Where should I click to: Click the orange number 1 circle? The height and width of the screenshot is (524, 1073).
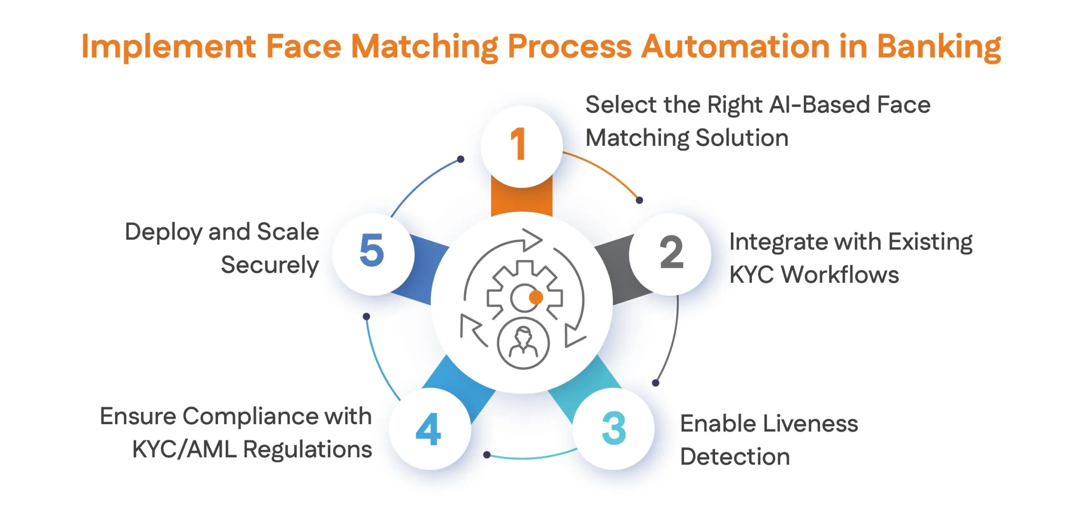(521, 146)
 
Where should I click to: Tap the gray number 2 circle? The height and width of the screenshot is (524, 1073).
(670, 254)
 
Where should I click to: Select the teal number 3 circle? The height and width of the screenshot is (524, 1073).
(613, 428)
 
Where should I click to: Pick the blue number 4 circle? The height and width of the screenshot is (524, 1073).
(430, 428)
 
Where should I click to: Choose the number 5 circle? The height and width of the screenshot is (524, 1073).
(373, 254)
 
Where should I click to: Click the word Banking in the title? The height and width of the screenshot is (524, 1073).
(939, 47)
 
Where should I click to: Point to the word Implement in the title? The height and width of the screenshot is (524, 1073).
(168, 47)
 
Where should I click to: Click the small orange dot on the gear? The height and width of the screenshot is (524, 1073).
(536, 297)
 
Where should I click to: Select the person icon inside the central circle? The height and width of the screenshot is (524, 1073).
(523, 343)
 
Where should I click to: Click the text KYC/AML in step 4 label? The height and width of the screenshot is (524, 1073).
(184, 450)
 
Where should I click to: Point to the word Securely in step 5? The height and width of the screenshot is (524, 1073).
(270, 266)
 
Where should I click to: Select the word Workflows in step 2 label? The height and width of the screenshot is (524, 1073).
(840, 275)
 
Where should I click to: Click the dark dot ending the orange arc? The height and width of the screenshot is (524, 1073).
(639, 200)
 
